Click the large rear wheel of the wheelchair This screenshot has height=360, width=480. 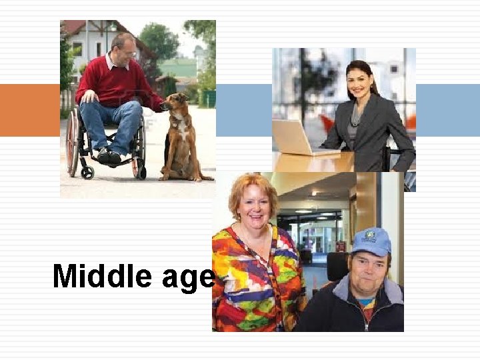(72, 143)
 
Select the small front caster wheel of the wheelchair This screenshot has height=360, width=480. (87, 172)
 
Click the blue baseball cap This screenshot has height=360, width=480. (371, 241)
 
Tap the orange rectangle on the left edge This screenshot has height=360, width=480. (29, 110)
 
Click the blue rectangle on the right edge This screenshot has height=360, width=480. (447, 110)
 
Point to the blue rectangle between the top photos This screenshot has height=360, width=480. (243, 110)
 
